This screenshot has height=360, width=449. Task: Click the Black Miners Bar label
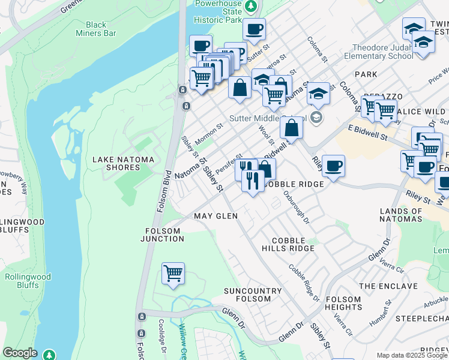101,29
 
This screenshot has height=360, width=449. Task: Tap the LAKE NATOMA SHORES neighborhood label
123,163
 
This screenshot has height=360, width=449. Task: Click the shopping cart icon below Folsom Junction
173,274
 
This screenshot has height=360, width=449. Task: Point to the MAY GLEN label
215,216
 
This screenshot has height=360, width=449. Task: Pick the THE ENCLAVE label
388,286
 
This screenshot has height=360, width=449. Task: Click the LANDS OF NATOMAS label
410,215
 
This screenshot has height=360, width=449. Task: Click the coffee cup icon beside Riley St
333,166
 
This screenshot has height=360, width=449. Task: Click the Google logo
20,353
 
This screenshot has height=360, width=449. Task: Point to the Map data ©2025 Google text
412,355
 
